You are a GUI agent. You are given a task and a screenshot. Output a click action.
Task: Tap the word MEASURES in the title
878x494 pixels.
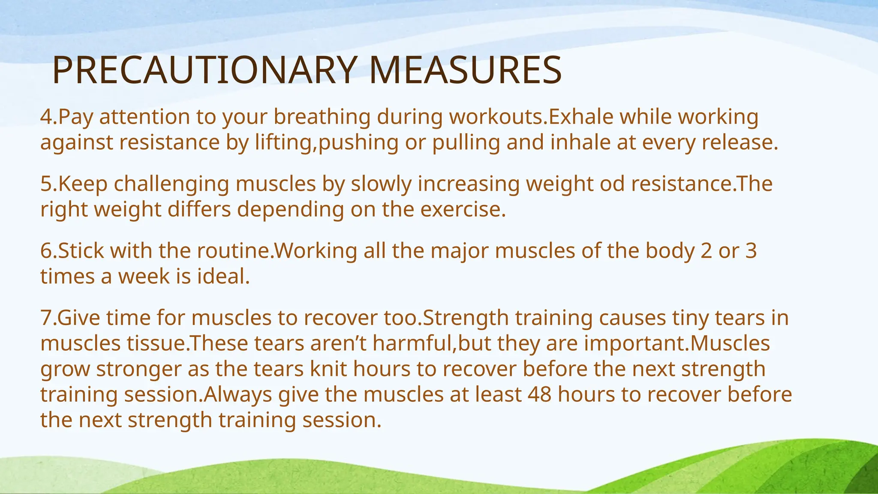[x=465, y=71]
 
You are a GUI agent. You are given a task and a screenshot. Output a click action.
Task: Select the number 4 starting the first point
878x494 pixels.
[x=46, y=117]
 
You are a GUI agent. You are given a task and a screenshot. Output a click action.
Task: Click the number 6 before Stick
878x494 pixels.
[x=46, y=251]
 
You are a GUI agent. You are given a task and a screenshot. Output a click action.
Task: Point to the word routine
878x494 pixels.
[x=234, y=251]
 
